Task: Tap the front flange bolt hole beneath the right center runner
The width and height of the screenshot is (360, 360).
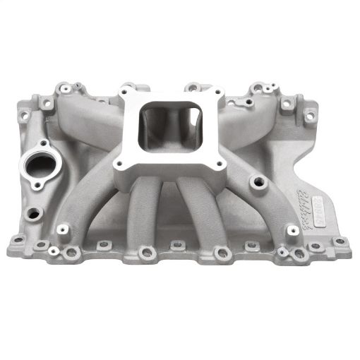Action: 223,253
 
